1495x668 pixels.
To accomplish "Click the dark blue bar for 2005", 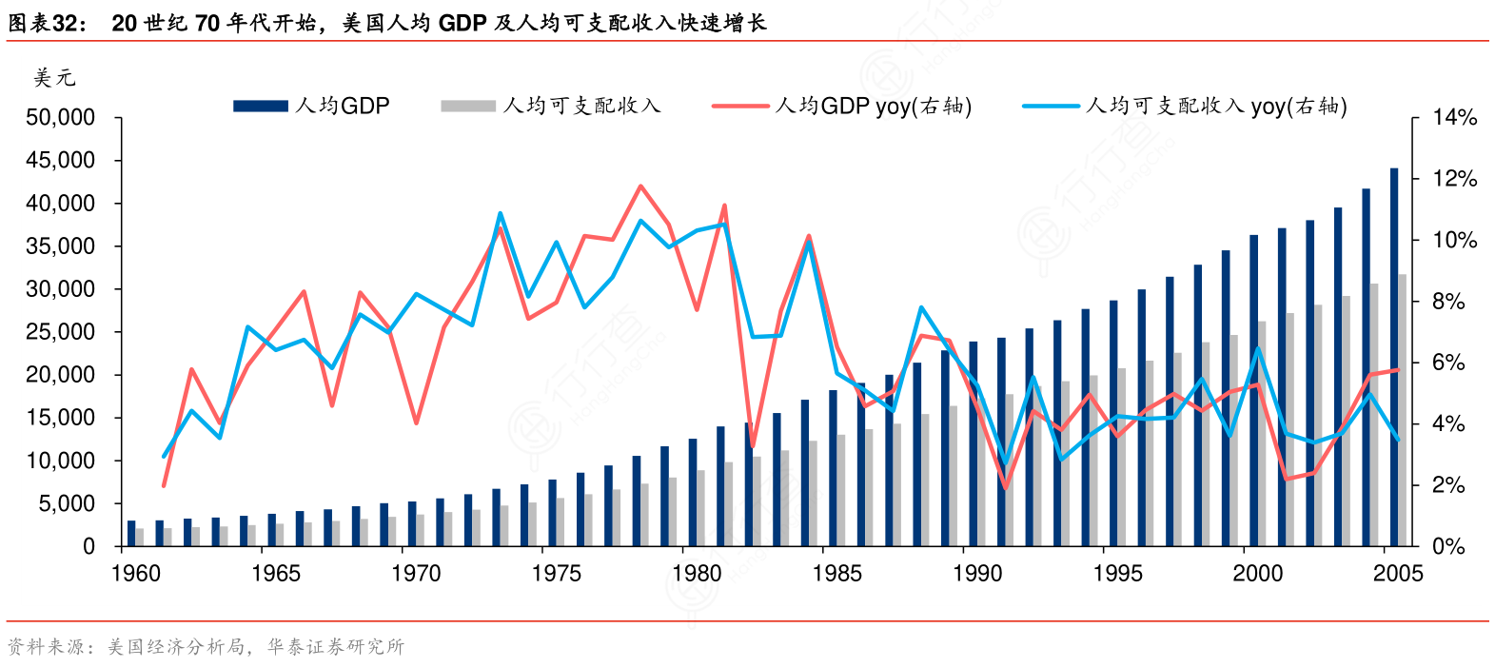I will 1394,357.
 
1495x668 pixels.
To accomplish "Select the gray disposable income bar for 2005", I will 1403,410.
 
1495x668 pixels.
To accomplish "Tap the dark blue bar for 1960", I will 131,534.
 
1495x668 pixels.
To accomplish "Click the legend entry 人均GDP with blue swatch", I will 312,106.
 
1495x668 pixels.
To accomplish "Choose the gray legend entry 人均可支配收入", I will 551,106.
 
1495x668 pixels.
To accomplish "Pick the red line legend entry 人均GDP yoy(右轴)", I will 842,106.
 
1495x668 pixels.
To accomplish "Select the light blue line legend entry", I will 1185,106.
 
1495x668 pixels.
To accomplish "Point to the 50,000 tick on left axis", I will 61,118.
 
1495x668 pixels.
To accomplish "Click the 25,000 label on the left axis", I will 61,332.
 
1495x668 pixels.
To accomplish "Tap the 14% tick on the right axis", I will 1454,118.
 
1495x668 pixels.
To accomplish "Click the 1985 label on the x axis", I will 836,573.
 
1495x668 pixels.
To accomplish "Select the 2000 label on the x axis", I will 1257,573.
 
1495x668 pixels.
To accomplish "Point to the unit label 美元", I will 54,78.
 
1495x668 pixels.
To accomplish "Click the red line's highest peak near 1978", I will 640,187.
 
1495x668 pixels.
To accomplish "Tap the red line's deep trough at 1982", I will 753,446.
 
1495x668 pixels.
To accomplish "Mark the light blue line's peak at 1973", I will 501,213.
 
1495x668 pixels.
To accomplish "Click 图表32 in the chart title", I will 47,23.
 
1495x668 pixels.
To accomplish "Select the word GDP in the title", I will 462,23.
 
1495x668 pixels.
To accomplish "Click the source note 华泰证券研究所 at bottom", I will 336,647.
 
